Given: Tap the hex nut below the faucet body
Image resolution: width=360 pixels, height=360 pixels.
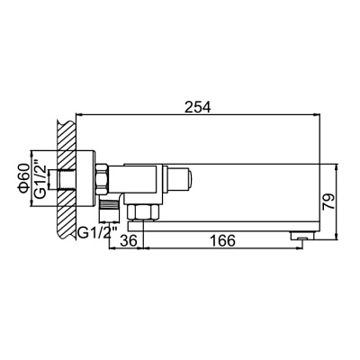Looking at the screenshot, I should (x=141, y=211).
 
